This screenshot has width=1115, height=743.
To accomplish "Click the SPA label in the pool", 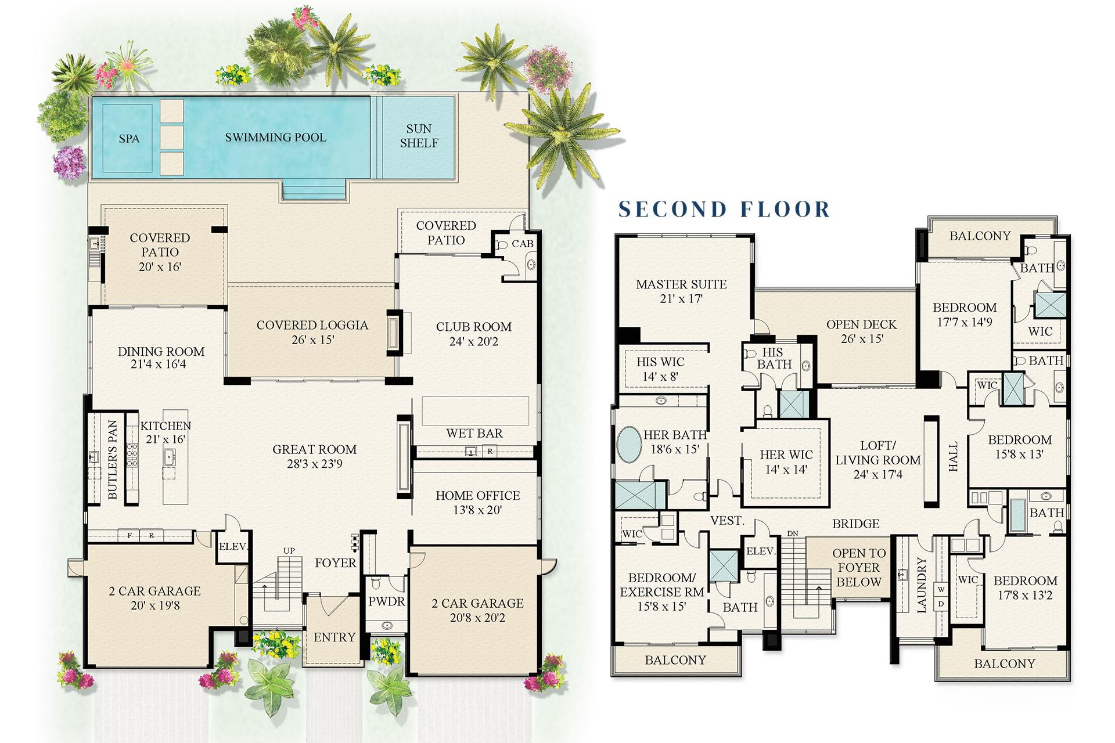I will pos(129,139).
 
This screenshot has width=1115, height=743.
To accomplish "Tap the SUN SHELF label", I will pos(419,136).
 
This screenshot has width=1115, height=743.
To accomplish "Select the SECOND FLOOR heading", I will pos(724,209).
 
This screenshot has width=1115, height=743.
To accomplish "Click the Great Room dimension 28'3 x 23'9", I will pos(314,464).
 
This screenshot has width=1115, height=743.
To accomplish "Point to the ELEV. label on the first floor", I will pos(233,547).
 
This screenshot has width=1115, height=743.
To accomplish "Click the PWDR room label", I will pos(386,602).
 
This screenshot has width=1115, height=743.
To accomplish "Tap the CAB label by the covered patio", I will pos(522,244).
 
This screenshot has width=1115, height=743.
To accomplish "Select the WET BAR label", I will pos(474,433).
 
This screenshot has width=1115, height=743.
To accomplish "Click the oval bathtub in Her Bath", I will pos(628,445).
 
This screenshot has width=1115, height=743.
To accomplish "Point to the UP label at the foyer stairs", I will pos(289,550).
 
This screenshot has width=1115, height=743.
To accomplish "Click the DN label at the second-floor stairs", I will pos(793,533).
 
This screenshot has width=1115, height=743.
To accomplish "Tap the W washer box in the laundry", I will pos(941,590).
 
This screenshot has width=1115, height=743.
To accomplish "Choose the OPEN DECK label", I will pos(861,324).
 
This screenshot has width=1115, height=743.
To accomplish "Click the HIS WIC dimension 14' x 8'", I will pos(660,376).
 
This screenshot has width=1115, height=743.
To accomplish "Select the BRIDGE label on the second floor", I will pos(855,524).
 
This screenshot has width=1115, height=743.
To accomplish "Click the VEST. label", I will pos(727,521).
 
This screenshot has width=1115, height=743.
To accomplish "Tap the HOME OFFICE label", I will pos(477,496).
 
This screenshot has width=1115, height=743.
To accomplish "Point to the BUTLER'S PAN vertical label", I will pos(113,460).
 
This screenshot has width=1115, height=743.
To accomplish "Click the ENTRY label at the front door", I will pos(334,637).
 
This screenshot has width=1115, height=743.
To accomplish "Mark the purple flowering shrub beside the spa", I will pos(70,162).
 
